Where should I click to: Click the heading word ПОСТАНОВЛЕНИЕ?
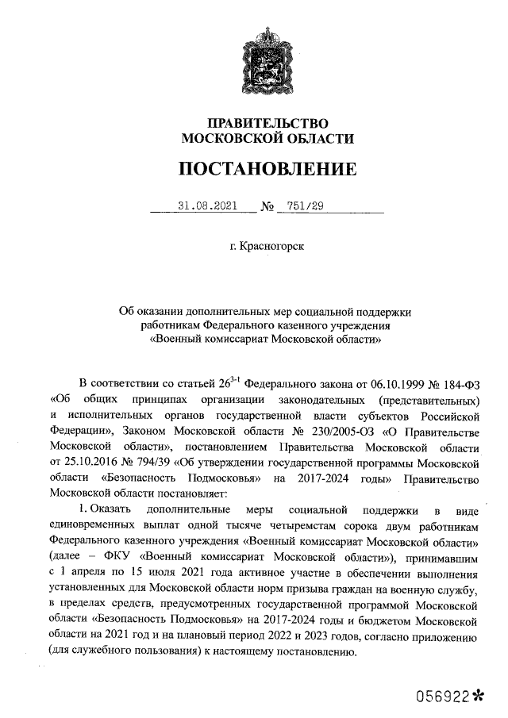click(x=266, y=169)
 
